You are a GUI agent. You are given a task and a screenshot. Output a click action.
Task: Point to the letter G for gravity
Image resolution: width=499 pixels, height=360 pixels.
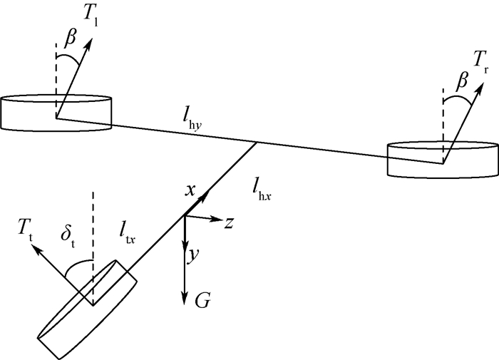(202, 300)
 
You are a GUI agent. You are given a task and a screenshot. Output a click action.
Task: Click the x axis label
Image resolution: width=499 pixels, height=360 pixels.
(190, 190)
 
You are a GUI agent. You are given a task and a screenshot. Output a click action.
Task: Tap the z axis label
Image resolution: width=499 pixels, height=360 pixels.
(229, 222)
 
